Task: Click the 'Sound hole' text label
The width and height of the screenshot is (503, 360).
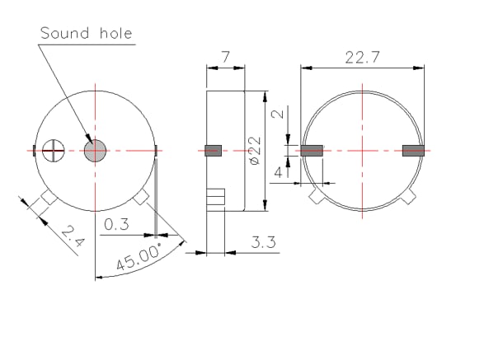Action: pos(87,33)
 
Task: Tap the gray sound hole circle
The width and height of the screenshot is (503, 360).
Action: pos(96,150)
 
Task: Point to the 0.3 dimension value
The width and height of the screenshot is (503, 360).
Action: pos(117,223)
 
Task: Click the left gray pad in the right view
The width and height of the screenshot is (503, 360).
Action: pos(313,151)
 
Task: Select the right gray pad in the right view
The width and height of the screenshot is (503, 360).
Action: pos(412,151)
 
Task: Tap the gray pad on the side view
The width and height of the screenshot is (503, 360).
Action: pos(214,150)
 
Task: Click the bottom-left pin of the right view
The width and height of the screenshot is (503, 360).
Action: pos(316,198)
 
